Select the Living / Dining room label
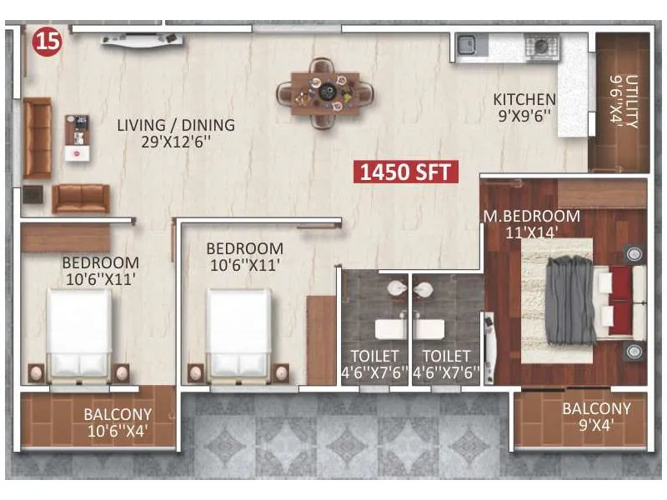[x=175, y=125]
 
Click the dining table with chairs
[x=326, y=92]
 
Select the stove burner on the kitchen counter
[x=539, y=45]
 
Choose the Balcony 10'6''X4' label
[x=118, y=422]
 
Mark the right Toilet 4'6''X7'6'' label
[x=446, y=364]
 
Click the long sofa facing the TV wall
[x=79, y=198]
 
